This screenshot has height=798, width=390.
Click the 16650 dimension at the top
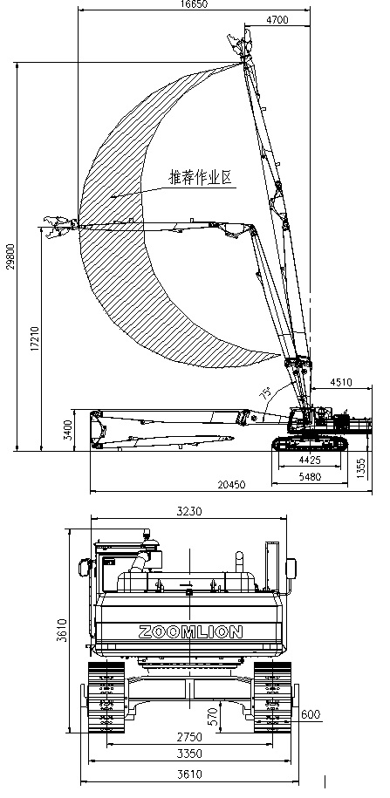194,4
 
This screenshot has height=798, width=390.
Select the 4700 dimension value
277,20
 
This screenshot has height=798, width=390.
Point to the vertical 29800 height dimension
11,256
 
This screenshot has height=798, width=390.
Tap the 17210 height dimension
35,336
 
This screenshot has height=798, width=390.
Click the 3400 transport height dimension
69,430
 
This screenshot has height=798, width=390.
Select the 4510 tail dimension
341,382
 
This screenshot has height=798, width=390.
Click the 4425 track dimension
310,460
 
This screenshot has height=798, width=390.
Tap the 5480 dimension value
310,477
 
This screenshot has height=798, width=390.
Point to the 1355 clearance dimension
361,468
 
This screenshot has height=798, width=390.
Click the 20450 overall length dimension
232,485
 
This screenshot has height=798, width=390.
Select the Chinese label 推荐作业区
200,178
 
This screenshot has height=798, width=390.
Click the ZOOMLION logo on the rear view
190,631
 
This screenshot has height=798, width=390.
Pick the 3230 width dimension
189,511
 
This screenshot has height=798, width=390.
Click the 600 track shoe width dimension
311,714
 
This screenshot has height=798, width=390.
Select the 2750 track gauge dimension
189,737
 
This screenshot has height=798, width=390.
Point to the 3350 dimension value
189,754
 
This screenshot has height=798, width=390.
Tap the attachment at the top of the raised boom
241,44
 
